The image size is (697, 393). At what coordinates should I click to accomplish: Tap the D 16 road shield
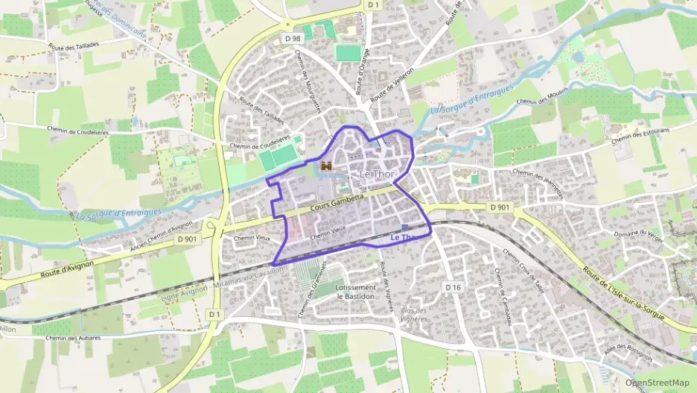[453, 287]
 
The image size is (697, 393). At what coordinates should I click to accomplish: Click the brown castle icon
[325, 166]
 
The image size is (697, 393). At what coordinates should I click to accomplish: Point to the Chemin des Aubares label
[71, 339]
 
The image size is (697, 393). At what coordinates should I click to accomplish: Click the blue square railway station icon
[404, 227]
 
